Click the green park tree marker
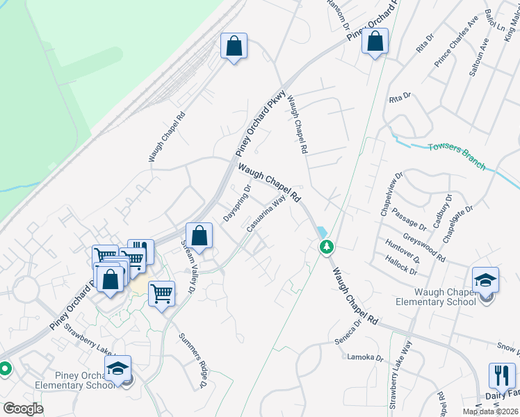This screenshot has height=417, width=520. point(325,246)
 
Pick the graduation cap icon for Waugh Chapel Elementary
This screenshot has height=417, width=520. point(485,280)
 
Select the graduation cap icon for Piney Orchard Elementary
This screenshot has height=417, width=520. point(118,368)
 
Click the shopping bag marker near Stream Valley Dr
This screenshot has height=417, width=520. point(200,236)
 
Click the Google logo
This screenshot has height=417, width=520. point(23,409)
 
